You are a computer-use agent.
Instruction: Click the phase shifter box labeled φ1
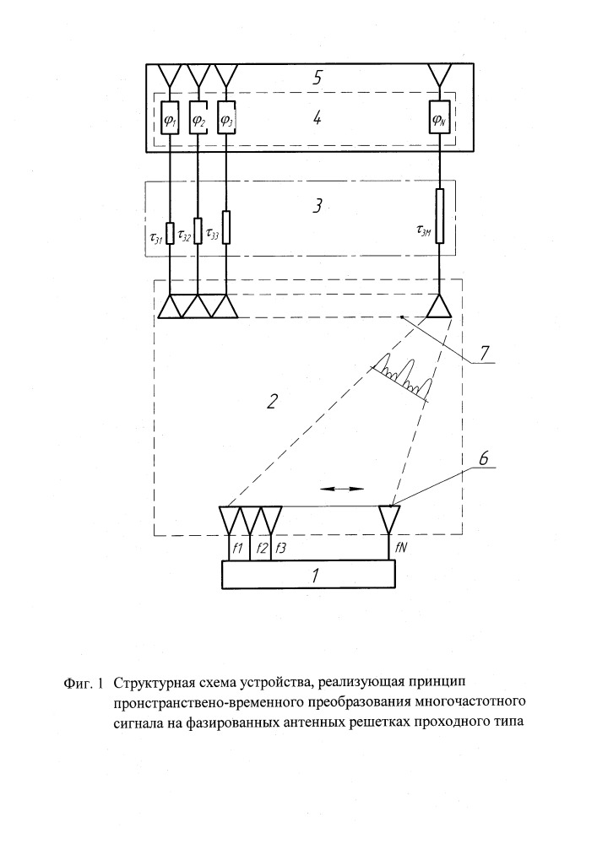click(x=170, y=118)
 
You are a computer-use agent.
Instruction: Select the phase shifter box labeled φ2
click(x=198, y=118)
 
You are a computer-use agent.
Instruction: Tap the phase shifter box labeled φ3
click(x=226, y=118)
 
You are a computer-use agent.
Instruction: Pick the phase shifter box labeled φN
click(x=440, y=118)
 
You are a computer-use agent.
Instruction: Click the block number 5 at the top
click(x=317, y=77)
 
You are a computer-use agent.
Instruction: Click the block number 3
click(x=317, y=206)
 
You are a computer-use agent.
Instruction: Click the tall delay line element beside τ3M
click(x=440, y=216)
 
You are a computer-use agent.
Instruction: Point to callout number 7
click(x=484, y=353)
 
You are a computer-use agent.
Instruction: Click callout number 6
click(x=483, y=458)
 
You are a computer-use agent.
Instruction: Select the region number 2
click(x=273, y=401)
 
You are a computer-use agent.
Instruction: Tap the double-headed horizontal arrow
click(x=342, y=489)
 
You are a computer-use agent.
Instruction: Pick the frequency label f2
click(x=263, y=549)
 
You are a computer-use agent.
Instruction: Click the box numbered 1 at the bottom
click(x=308, y=575)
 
